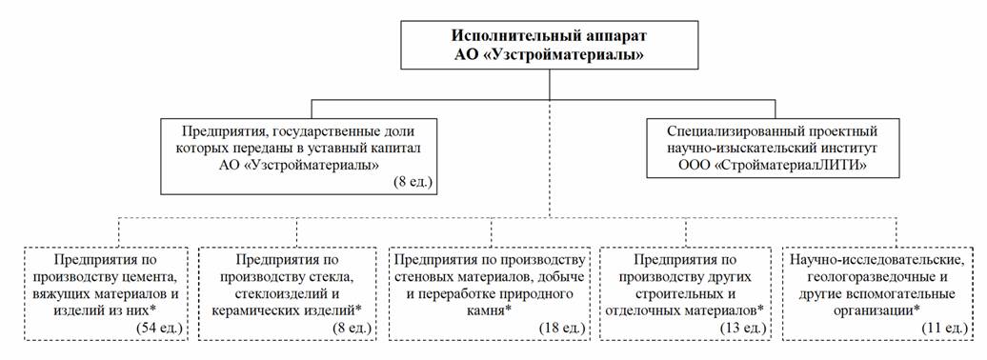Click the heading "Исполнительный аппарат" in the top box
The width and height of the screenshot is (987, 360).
(550, 36)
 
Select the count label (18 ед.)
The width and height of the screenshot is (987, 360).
(562, 328)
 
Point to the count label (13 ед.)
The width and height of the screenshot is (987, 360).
(742, 328)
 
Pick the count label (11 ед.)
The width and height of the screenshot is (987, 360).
(945, 328)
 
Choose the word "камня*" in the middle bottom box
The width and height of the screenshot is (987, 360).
(489, 310)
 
